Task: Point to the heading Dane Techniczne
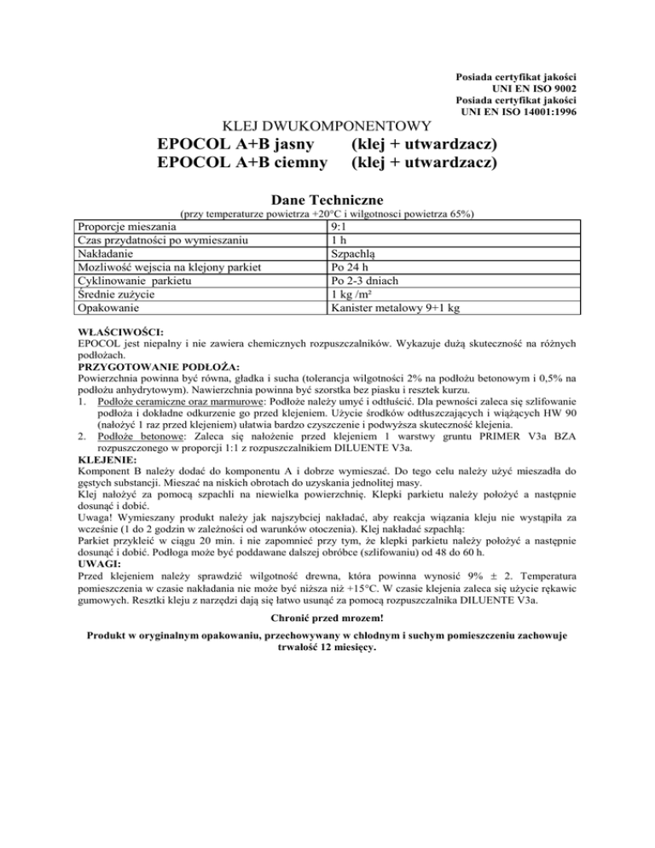[327, 199]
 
